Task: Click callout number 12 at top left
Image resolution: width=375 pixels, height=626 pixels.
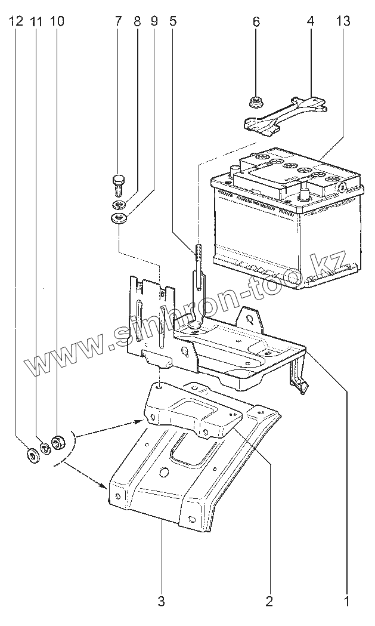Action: (16, 21)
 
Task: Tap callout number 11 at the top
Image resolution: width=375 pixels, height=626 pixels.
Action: (36, 21)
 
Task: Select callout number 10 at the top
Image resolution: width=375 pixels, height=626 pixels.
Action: (57, 21)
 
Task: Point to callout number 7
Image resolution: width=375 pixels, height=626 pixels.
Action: (118, 21)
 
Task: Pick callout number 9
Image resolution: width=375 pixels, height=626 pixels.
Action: (154, 21)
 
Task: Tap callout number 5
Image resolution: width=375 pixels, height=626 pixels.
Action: (173, 21)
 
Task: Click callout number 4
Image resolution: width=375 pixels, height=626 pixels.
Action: (311, 21)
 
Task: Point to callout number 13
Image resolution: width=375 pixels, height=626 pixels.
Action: (343, 21)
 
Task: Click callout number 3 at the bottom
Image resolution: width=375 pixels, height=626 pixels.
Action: (161, 601)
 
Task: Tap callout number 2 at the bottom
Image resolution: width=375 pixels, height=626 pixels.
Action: (269, 601)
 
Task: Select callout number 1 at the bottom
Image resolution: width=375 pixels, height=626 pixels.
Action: (347, 601)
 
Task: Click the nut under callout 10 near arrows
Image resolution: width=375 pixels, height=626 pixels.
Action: (58, 443)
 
